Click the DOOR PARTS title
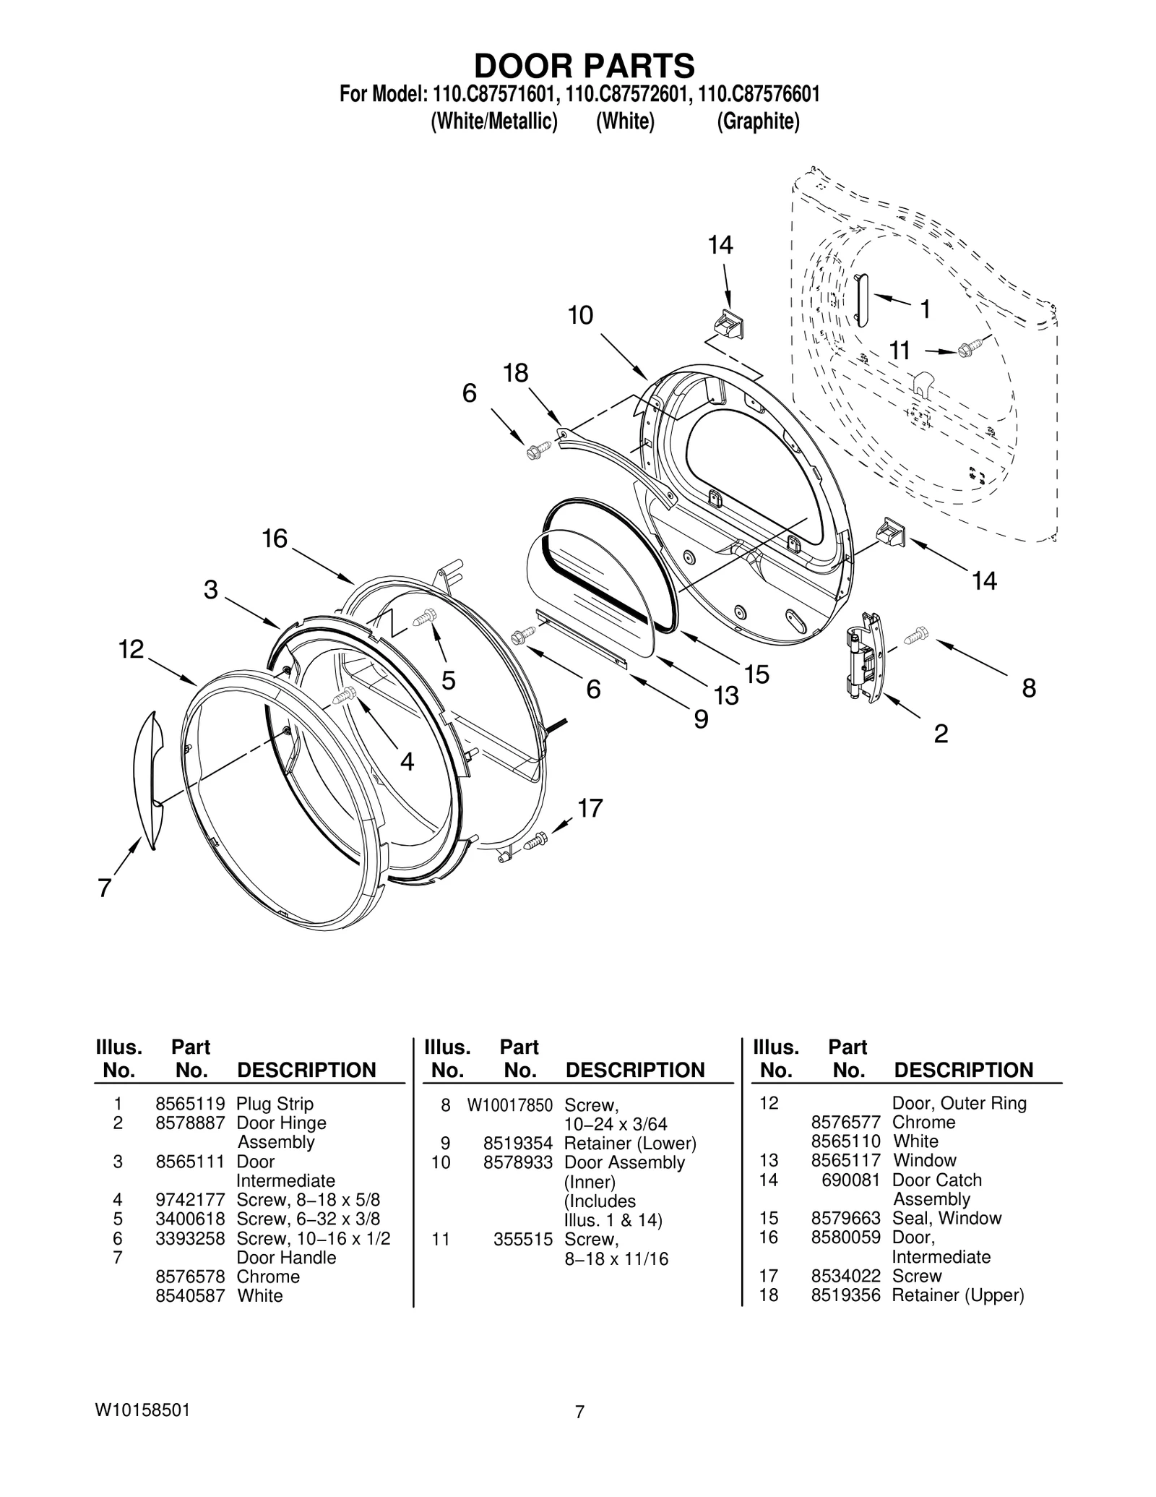584,66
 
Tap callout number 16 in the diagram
275,539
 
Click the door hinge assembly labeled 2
864,655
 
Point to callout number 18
516,373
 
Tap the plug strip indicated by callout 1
861,300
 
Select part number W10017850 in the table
509,1105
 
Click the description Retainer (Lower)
630,1144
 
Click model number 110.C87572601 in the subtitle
626,95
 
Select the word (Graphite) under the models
758,121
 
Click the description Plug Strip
275,1104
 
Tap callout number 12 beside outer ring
131,649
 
